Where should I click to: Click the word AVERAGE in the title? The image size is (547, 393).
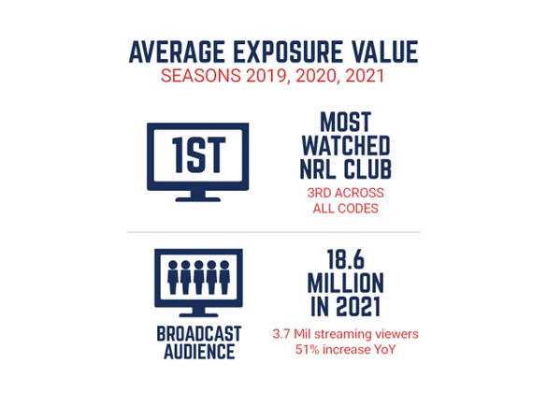(177, 52)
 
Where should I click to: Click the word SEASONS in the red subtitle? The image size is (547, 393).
(201, 76)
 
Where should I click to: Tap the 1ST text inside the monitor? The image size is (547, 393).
(198, 155)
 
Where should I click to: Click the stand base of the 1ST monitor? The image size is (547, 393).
(198, 199)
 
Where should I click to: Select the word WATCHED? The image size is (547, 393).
(346, 146)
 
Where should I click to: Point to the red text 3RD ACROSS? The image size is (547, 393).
(345, 193)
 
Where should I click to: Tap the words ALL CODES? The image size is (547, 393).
(345, 209)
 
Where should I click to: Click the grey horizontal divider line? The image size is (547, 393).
(274, 232)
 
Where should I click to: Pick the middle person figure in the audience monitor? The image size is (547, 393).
(198, 277)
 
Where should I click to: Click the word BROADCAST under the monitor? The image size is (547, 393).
(199, 334)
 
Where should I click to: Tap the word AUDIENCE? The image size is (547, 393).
(199, 351)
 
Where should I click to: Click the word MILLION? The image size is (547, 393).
(346, 284)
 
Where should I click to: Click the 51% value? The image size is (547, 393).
(308, 349)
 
